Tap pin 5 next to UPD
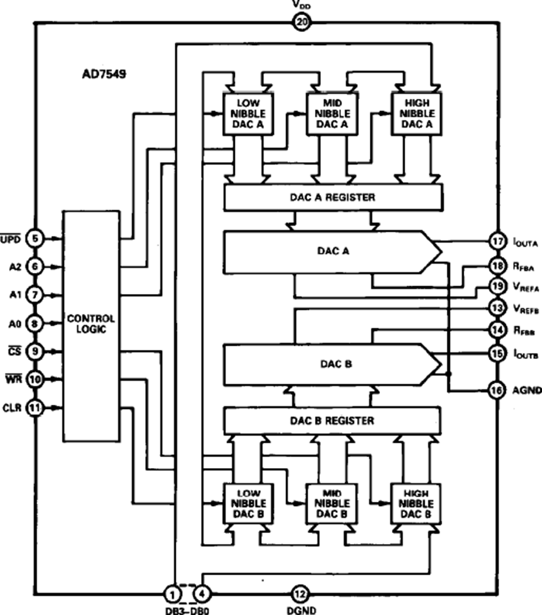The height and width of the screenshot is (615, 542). click(x=35, y=239)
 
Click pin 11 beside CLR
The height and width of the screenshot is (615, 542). click(x=35, y=408)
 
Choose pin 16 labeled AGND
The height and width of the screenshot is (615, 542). click(x=497, y=389)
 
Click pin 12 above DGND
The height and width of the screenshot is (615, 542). click(x=299, y=595)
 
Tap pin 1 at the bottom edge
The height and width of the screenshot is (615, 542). click(x=173, y=595)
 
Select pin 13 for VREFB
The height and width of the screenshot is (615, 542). click(x=497, y=307)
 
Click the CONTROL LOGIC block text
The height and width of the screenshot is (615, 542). click(x=91, y=323)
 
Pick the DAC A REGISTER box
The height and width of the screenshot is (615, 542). click(x=333, y=197)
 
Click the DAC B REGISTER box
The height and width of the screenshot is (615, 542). click(x=333, y=420)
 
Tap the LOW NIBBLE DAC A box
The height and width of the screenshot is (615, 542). click(x=248, y=114)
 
